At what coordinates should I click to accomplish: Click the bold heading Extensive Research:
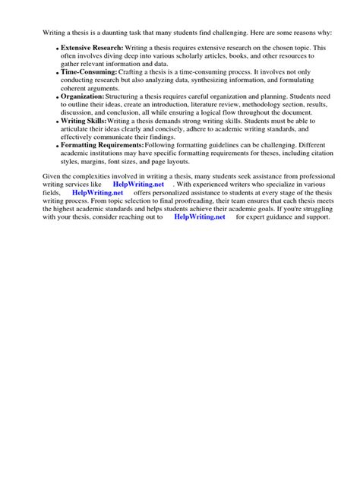tap(92, 48)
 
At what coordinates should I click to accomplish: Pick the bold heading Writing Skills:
tap(83, 122)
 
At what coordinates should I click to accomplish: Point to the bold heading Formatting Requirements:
tap(103, 145)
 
